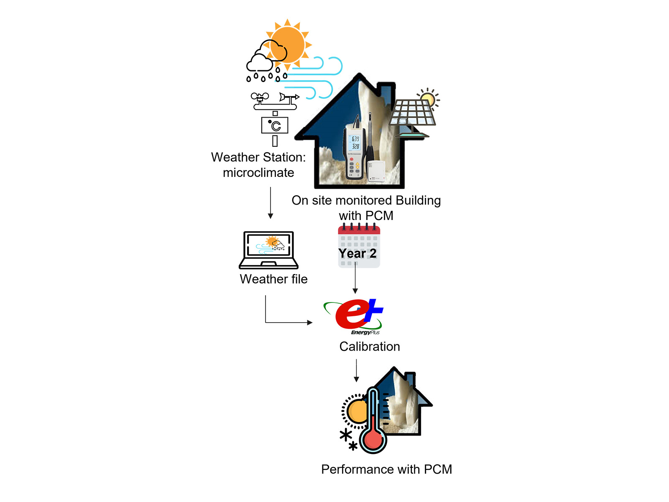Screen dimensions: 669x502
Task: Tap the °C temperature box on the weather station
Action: (275, 125)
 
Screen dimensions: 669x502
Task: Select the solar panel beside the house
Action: (413, 118)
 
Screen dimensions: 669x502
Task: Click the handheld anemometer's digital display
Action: (355, 143)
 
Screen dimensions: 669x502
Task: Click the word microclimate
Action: (258, 173)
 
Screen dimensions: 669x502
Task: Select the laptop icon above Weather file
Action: (268, 250)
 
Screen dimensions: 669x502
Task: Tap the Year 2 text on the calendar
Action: (357, 254)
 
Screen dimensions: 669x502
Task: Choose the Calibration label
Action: (370, 346)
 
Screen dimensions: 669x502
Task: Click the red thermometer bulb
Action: (373, 440)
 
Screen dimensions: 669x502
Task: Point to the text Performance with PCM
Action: (386, 469)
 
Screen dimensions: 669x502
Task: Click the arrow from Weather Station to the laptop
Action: (271, 203)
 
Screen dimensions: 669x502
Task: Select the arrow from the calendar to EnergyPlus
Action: (355, 278)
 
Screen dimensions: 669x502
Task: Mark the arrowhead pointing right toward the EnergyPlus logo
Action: (310, 323)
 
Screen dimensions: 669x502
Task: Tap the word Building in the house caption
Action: (418, 200)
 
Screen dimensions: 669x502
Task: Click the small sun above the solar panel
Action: (428, 98)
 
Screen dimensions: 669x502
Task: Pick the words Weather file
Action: (273, 279)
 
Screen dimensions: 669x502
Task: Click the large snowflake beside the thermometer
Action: (346, 435)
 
